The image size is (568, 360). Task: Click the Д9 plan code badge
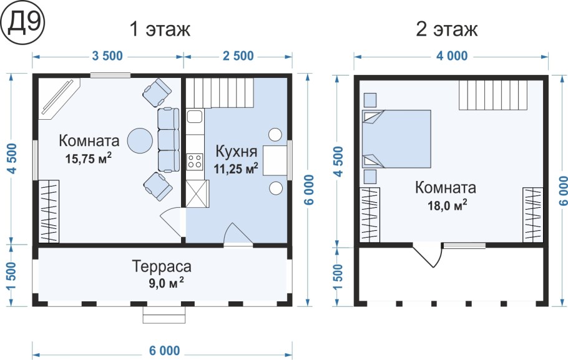22,24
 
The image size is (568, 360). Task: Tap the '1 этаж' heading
159,29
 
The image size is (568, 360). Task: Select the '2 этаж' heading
446,29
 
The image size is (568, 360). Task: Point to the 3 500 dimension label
107,56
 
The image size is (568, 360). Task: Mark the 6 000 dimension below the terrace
164,350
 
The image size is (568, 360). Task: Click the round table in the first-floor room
140,139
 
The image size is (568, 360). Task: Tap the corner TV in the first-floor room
59,99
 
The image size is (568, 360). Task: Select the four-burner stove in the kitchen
195,162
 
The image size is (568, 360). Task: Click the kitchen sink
194,116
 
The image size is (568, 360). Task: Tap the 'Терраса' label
162,266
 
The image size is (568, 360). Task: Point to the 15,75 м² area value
88,158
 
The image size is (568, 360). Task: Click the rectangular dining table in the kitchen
275,160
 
